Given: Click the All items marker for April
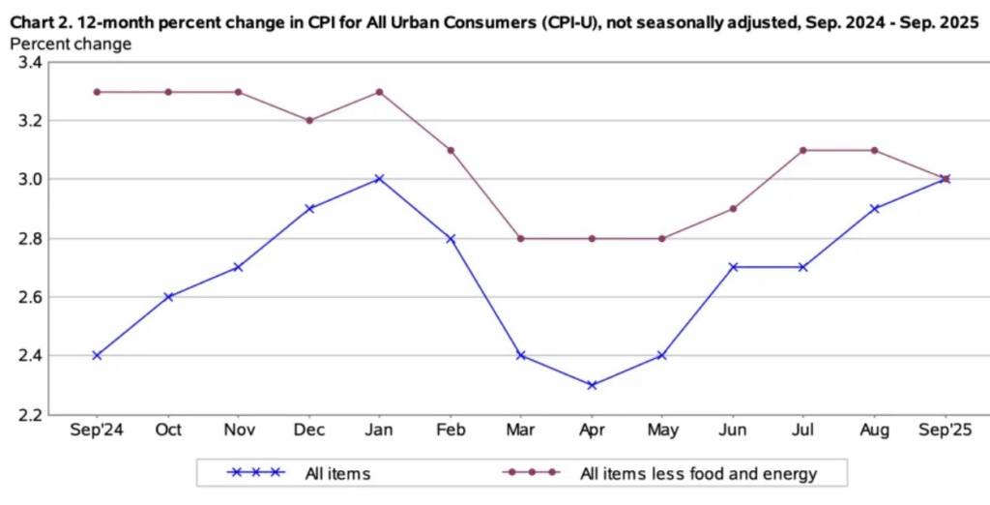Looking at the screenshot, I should pos(592,385).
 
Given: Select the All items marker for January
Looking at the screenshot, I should pos(380,179).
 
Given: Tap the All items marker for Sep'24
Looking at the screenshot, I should pos(97,355).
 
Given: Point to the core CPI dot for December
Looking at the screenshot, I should pos(309,121).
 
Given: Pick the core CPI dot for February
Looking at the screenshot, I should pos(451,150).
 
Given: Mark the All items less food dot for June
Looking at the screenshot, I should pos(733,209).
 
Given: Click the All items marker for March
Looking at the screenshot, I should pos(521,355).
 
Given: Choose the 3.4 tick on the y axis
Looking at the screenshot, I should pos(29,63).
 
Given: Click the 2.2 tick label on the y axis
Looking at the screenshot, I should pos(29,415).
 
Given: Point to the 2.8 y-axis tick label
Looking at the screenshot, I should pos(29,239).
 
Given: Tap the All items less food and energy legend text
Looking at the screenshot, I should pos(698,473).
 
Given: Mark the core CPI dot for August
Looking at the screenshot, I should pos(874,150).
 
